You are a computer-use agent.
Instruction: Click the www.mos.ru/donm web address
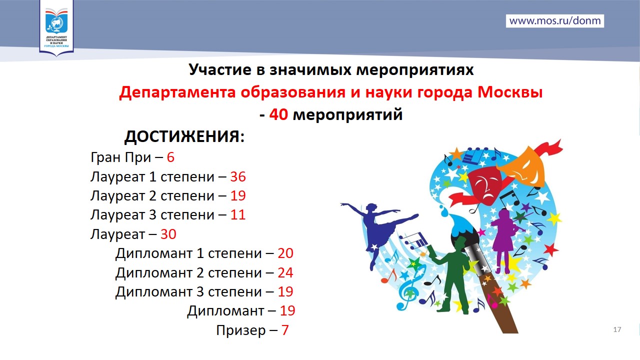[555, 21]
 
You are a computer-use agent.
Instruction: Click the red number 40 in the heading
[278, 114]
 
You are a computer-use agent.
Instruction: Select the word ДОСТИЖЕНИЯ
[184, 136]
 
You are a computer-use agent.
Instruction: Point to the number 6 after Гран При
[170, 157]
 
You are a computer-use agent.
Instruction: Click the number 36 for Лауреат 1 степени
[238, 176]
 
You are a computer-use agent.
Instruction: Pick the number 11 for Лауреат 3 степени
[238, 215]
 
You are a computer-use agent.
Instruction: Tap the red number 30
[168, 234]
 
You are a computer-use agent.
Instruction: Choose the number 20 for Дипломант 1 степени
[285, 253]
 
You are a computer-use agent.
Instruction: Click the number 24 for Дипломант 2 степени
[285, 272]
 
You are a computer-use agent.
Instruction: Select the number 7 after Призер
[285, 330]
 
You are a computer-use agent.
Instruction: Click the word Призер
[241, 331]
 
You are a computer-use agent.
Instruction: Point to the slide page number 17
[617, 329]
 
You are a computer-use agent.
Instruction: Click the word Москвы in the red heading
[509, 92]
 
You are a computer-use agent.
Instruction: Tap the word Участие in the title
[220, 69]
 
